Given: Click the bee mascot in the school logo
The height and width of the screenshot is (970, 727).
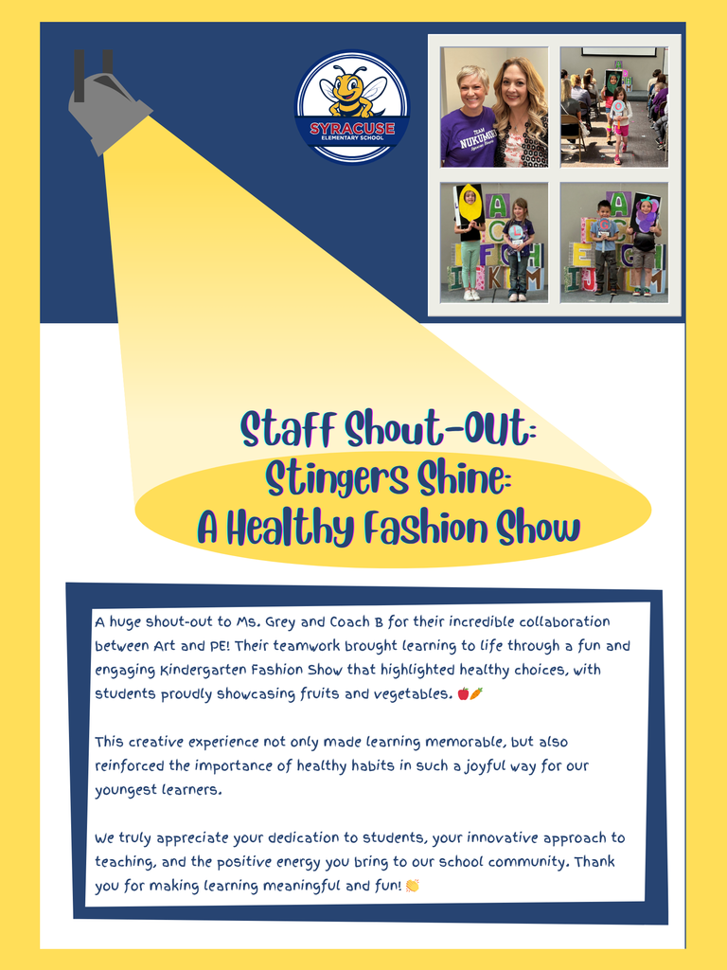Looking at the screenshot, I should tap(351, 91).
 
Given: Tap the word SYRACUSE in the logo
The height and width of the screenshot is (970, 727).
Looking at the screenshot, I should tap(351, 128).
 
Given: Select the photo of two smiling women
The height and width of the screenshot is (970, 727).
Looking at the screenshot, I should tap(494, 107).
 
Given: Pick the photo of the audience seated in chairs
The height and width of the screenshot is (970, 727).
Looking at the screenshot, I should tap(613, 107).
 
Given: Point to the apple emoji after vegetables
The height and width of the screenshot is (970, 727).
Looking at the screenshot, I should tap(463, 693).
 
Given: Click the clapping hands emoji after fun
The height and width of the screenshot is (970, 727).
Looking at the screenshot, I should tap(412, 886).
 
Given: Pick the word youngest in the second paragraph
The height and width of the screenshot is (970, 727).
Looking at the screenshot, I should tap(123, 790).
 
